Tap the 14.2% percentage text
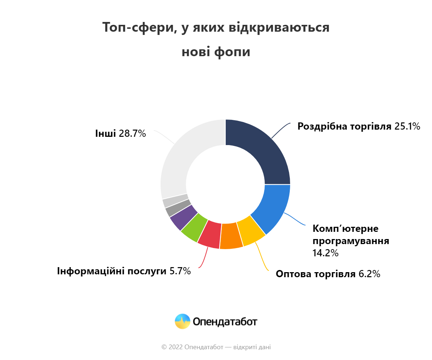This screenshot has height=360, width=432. [x=325, y=253]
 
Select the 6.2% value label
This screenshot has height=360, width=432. [x=370, y=274]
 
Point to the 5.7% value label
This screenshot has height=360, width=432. [x=180, y=271]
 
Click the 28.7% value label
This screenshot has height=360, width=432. [x=132, y=134]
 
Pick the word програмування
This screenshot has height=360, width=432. [x=351, y=241]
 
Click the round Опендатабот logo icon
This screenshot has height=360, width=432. [x=183, y=321]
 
